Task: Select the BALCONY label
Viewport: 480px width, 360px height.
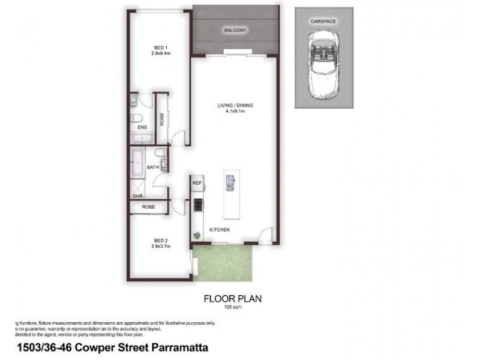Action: click(235, 31)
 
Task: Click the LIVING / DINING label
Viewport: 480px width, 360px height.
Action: click(235, 106)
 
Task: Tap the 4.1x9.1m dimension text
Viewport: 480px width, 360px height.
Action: click(235, 111)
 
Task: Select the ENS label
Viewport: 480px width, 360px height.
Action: click(142, 128)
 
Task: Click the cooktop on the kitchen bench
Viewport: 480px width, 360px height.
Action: click(198, 206)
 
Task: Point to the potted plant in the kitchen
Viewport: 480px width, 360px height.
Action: click(195, 235)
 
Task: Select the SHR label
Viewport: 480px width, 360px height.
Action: click(137, 196)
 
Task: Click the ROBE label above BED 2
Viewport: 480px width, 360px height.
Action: click(148, 207)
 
